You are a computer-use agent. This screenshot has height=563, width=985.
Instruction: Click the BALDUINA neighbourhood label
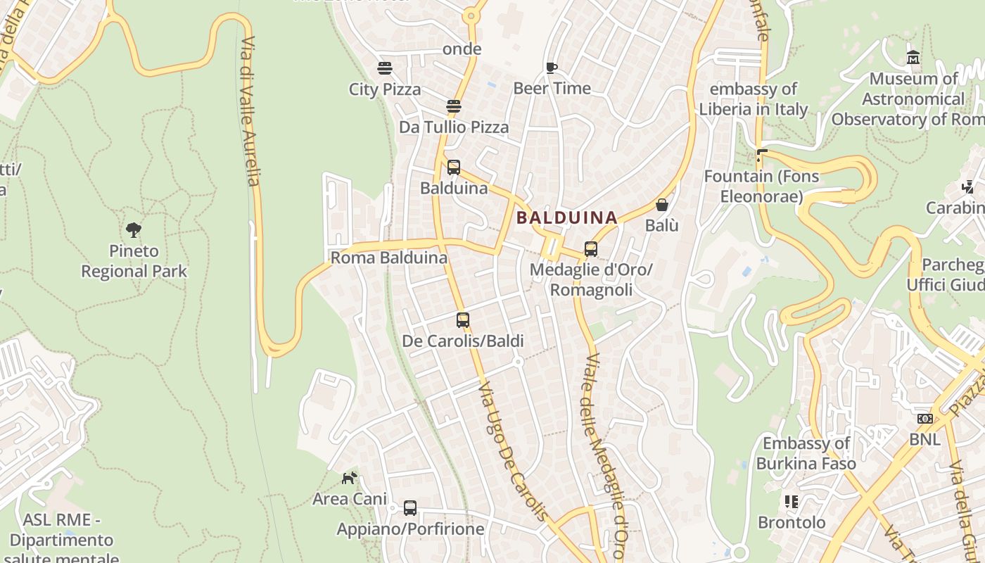click(566, 218)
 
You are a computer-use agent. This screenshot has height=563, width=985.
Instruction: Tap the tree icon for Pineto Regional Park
click(134, 229)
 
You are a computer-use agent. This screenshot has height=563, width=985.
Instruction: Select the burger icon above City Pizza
click(385, 68)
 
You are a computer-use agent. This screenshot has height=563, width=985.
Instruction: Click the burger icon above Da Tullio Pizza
click(454, 106)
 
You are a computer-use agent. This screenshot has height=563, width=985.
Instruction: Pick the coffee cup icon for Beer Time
click(552, 68)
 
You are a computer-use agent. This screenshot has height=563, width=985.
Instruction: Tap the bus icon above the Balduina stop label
click(454, 167)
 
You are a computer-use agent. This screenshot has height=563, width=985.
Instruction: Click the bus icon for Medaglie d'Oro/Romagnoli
click(591, 249)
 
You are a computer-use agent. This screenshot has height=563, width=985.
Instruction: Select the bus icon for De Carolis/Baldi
click(462, 320)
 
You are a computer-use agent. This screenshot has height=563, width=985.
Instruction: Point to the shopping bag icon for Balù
click(662, 205)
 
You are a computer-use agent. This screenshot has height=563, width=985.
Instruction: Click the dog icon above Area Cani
click(349, 479)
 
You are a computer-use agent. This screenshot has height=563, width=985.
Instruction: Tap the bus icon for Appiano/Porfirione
click(410, 508)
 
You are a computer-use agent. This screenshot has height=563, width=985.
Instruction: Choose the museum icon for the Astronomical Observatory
click(913, 58)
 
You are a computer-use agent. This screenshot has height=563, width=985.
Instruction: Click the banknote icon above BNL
click(924, 419)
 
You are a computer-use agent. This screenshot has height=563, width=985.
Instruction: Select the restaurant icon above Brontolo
click(792, 502)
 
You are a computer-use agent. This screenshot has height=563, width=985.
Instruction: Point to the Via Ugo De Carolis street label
click(512, 450)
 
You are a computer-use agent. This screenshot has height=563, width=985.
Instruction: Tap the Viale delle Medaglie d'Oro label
click(603, 457)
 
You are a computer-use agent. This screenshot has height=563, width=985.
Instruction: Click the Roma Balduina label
click(389, 258)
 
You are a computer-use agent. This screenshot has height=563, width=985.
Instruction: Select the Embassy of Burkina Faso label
click(806, 453)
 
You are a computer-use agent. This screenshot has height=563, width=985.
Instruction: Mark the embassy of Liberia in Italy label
click(753, 99)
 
